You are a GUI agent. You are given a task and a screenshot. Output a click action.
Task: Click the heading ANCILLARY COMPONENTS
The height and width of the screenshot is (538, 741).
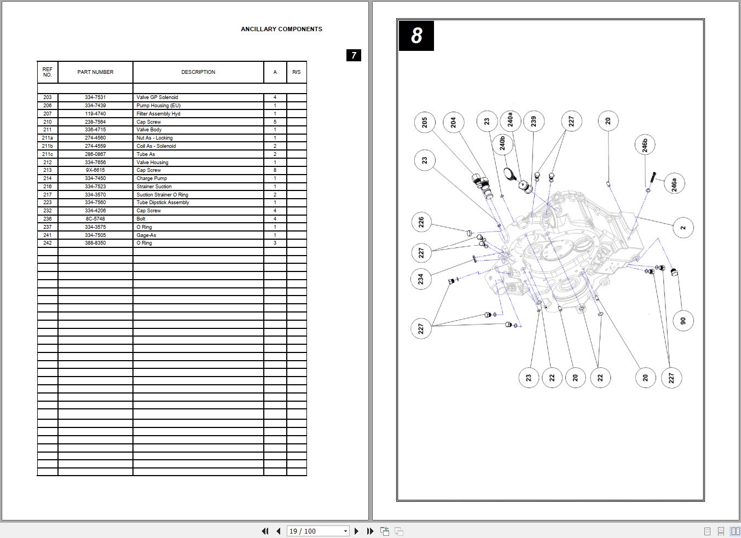(x=281, y=29)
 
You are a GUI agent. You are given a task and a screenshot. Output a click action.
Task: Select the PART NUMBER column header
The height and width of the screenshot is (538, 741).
(x=95, y=72)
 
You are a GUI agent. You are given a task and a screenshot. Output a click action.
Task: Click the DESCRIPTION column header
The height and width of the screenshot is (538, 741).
(x=198, y=72)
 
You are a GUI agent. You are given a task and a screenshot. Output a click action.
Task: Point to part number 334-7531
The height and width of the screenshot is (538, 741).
(x=95, y=97)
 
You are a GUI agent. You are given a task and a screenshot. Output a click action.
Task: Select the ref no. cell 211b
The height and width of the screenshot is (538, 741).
(x=48, y=146)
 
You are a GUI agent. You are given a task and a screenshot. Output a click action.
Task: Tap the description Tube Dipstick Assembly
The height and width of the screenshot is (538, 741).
(x=163, y=203)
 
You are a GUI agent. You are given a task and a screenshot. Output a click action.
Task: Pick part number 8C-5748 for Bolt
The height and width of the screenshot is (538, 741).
(x=95, y=219)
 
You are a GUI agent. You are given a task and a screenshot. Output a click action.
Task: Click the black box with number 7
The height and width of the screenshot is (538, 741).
(x=354, y=55)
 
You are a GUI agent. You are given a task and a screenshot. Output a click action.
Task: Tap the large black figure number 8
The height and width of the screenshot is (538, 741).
(x=416, y=36)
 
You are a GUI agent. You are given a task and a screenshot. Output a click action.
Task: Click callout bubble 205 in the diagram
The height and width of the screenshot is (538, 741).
(x=425, y=122)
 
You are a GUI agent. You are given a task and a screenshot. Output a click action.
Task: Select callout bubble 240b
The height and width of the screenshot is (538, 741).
(x=502, y=144)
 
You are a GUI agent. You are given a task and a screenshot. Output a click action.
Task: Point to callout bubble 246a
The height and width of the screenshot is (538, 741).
(x=674, y=184)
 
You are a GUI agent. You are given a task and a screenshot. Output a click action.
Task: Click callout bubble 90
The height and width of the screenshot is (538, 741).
(x=683, y=321)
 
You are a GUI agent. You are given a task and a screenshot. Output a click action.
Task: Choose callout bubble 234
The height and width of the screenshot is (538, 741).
(x=421, y=279)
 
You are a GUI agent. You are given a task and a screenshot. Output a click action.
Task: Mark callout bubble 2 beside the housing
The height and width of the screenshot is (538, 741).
(x=683, y=228)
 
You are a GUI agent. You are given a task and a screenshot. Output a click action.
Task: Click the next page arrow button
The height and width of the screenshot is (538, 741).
(x=357, y=531)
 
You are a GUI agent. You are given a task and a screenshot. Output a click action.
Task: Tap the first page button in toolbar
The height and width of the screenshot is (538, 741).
(x=265, y=531)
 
